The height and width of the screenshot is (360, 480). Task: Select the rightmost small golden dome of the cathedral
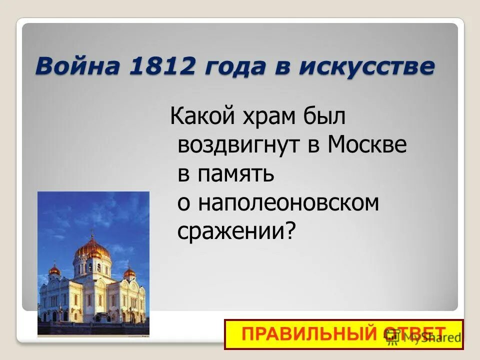pos(129,272)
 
